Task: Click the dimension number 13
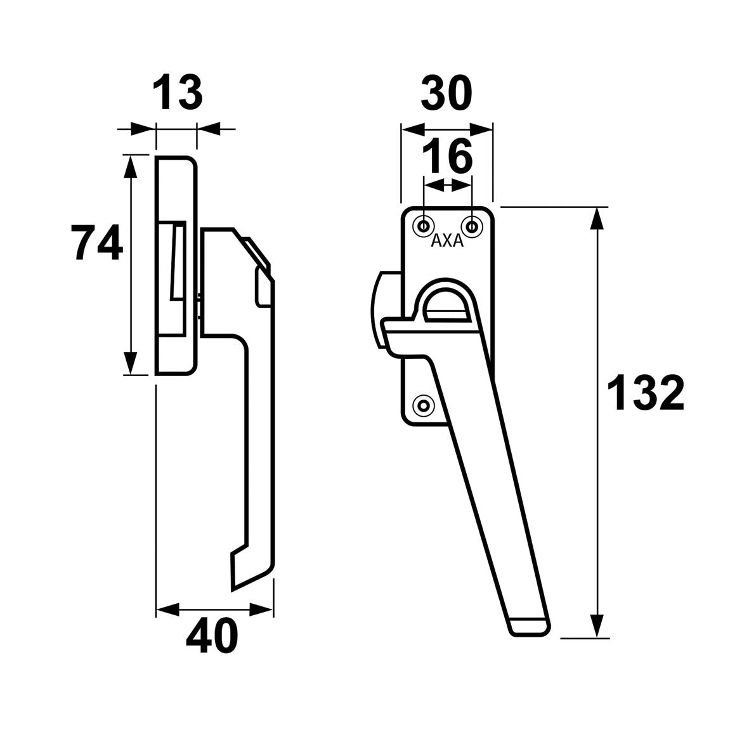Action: (178, 93)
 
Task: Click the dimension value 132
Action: (646, 393)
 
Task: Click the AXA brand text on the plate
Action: (447, 242)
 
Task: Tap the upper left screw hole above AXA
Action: (424, 226)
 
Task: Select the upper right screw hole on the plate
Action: (471, 226)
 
